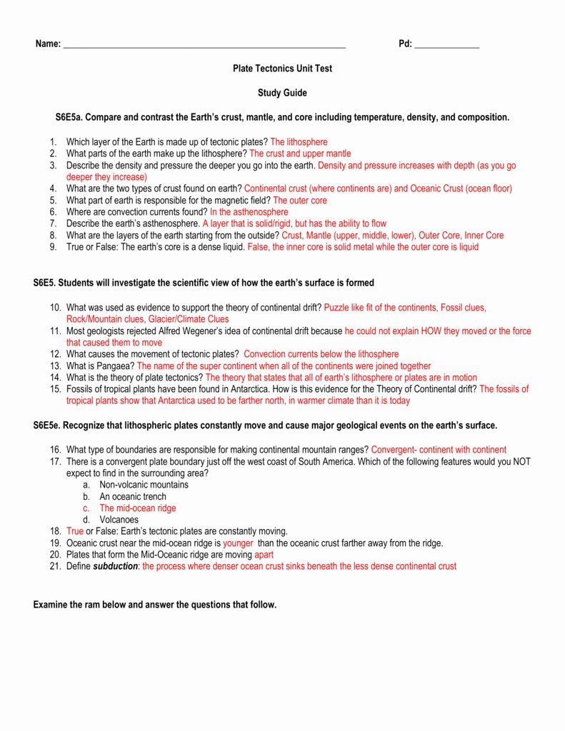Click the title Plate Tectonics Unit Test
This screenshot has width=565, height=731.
coord(282,69)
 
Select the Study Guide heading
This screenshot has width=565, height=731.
coord(282,93)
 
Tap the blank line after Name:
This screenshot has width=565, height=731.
coord(204,46)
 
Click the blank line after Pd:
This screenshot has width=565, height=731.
coord(446,46)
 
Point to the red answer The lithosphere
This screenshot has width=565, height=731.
coord(299,142)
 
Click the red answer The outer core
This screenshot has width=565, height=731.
coord(300,201)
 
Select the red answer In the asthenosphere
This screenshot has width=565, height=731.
coord(249,212)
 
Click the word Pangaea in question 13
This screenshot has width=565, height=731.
coord(117,366)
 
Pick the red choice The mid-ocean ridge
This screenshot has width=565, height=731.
coord(137,508)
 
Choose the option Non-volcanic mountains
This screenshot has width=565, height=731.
coord(144,485)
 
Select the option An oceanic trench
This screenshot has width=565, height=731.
coord(132,496)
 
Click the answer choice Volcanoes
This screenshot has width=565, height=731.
coord(119,520)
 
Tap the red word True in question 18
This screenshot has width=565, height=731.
coord(75,531)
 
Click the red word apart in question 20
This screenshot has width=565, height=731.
coord(264,555)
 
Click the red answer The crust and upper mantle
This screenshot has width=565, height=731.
coord(300,153)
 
